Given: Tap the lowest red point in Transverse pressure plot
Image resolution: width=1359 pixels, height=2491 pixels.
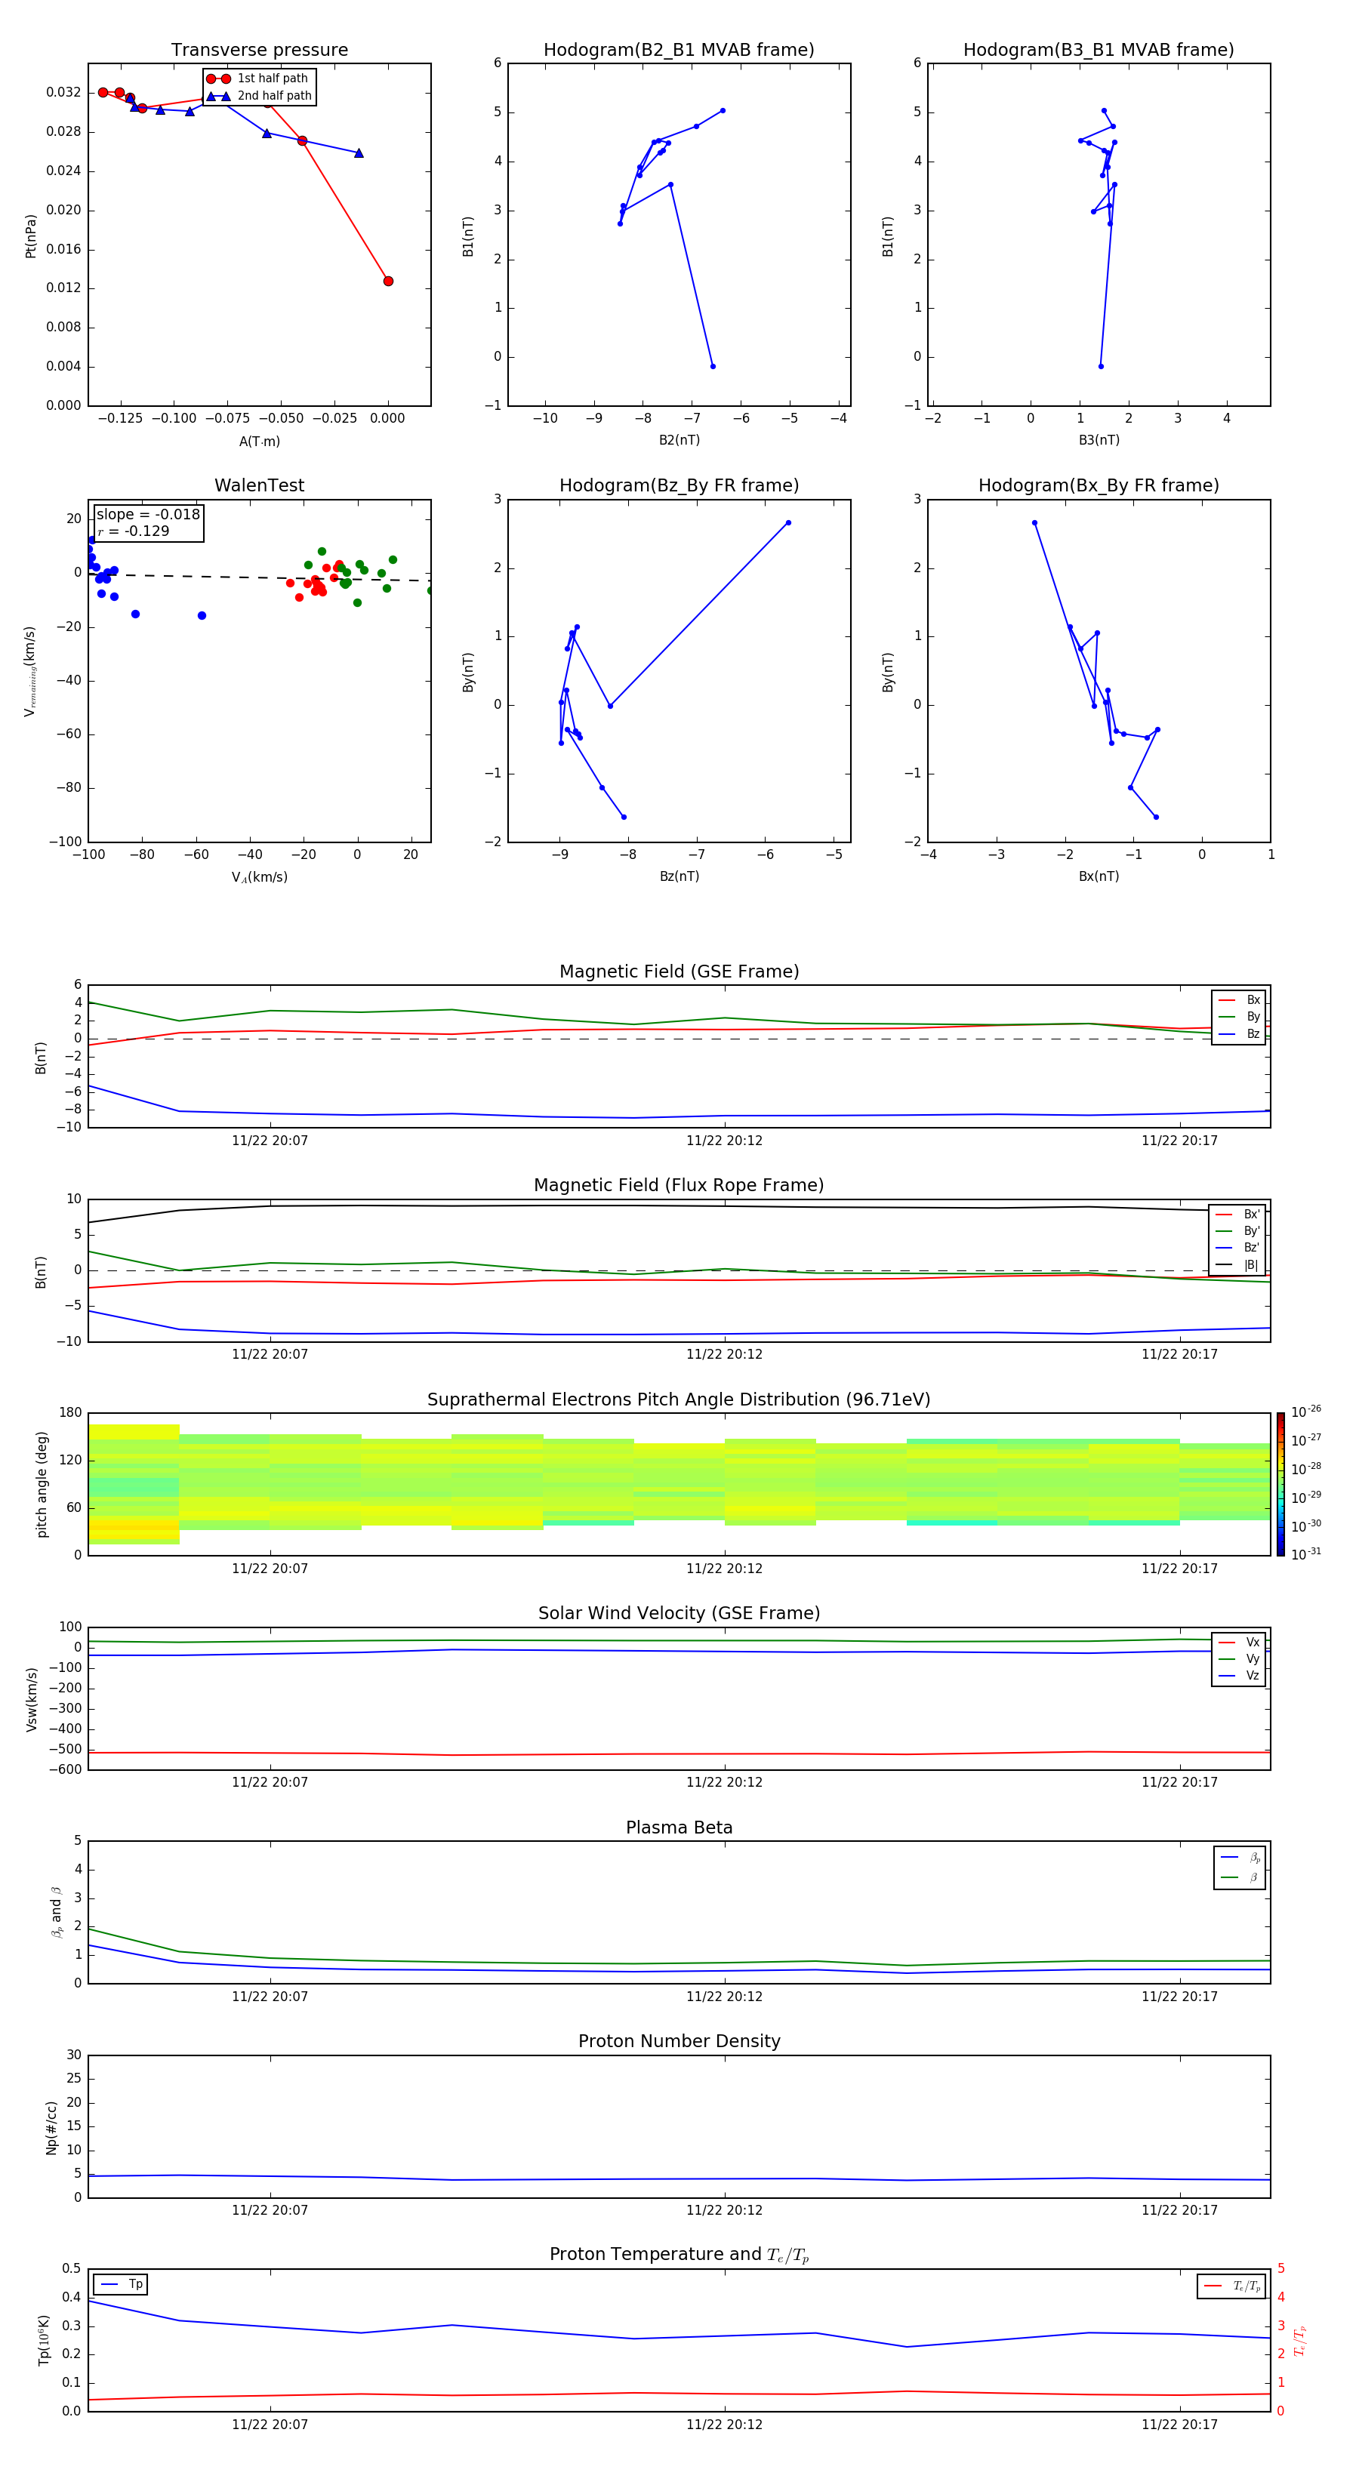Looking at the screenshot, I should coord(388,282).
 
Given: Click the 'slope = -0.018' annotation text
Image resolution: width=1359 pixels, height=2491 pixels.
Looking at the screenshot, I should coord(148,515).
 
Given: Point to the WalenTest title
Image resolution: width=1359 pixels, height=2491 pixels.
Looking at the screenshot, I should coord(259,485).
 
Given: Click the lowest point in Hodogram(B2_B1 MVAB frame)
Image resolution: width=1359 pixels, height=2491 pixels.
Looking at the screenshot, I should coord(713,367).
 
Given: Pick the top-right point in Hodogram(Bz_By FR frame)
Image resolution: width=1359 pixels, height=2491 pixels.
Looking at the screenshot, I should coord(788,523).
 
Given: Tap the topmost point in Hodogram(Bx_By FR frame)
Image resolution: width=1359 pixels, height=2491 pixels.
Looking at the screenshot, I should coord(1035,523).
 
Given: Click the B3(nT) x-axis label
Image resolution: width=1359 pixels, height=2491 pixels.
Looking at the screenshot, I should coord(1099,440).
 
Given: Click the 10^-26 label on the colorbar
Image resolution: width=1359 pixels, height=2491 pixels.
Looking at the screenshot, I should coord(1306,1412).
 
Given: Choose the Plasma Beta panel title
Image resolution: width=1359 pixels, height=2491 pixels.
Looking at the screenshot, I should coord(679,1827).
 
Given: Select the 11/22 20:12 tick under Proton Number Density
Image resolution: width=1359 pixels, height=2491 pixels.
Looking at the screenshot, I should coord(725,2209).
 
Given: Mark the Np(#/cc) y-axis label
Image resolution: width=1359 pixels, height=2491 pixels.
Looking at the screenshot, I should coord(52,2127).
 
